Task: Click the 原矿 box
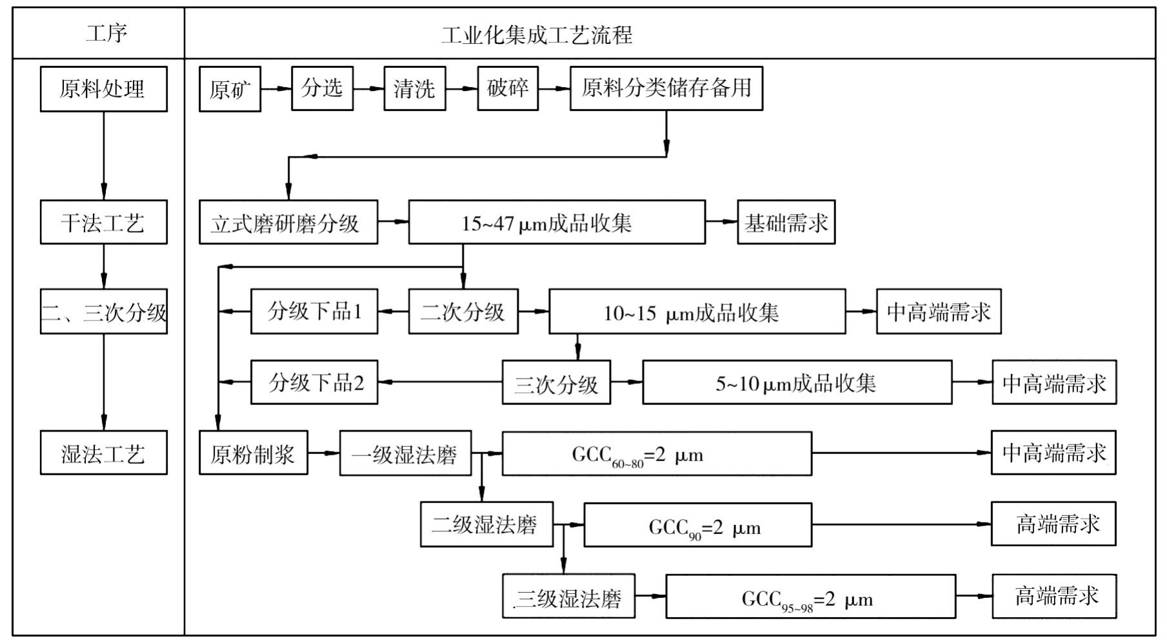tap(230, 89)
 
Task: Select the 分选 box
tap(322, 88)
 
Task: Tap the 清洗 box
tap(414, 88)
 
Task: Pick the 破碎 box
tap(507, 88)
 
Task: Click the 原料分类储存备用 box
tap(666, 88)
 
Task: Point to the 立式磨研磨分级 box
tap(288, 223)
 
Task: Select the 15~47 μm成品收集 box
tap(556, 223)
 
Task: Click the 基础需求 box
tap(786, 223)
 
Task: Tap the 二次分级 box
tap(463, 312)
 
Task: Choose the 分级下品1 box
tap(314, 312)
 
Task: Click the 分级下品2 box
tap(314, 382)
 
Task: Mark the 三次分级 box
tap(556, 383)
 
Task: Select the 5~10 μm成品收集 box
tap(796, 383)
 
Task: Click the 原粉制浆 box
tap(253, 453)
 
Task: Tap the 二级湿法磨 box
tap(486, 524)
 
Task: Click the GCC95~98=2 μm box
tap(810, 597)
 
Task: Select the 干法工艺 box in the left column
tap(103, 223)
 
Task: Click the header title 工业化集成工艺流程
tap(537, 34)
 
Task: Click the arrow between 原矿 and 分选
tap(276, 88)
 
